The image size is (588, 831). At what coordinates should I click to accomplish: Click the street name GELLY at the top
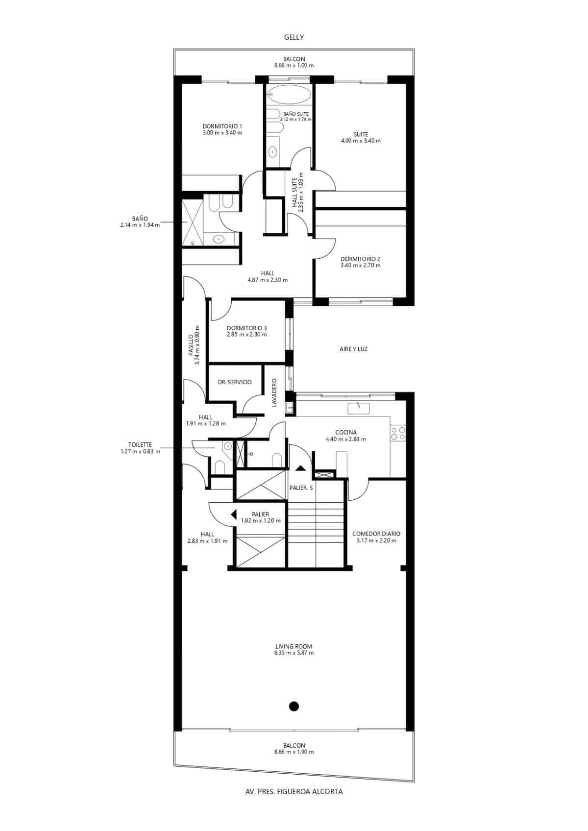(x=294, y=37)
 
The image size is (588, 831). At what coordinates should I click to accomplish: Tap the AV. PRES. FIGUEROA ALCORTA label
(x=294, y=791)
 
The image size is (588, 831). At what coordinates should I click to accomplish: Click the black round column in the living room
(x=294, y=706)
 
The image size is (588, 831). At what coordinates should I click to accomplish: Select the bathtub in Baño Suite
(x=289, y=94)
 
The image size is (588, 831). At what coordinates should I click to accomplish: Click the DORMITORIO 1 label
(x=222, y=129)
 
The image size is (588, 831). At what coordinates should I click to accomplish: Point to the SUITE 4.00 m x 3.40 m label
(x=361, y=137)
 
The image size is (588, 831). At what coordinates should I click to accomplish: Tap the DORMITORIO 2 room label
(x=360, y=262)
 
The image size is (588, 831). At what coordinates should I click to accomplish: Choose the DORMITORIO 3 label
(x=247, y=331)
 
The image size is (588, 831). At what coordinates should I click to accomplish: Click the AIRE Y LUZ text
(x=353, y=349)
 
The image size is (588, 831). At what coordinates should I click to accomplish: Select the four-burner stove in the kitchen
(x=398, y=433)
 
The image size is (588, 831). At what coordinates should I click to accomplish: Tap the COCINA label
(x=346, y=436)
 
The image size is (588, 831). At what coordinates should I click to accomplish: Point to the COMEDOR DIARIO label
(x=376, y=537)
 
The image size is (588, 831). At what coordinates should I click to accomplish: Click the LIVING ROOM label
(x=294, y=650)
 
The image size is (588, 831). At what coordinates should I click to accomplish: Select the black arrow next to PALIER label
(x=234, y=514)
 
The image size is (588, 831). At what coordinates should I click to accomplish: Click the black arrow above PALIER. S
(x=300, y=468)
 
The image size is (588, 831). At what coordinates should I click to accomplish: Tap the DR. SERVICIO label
(x=235, y=382)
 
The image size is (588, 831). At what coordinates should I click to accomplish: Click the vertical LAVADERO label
(x=274, y=392)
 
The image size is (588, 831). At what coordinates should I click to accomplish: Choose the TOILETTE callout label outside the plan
(x=140, y=448)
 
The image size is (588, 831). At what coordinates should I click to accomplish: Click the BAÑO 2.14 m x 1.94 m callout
(x=140, y=222)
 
